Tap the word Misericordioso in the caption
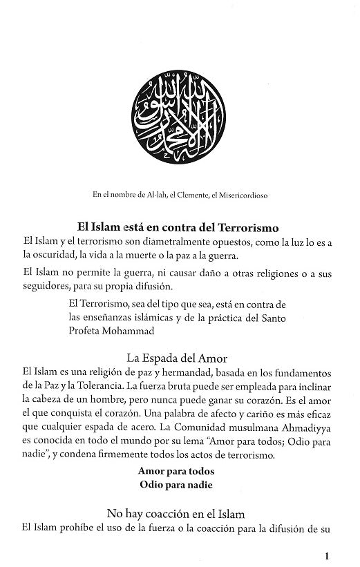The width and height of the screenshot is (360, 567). point(242,195)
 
